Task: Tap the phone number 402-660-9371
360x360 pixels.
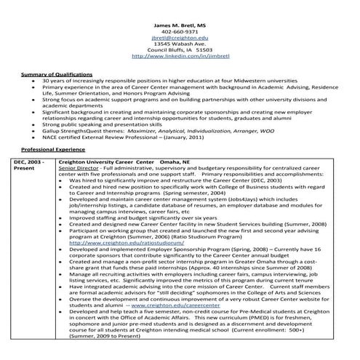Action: [x=180, y=31]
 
